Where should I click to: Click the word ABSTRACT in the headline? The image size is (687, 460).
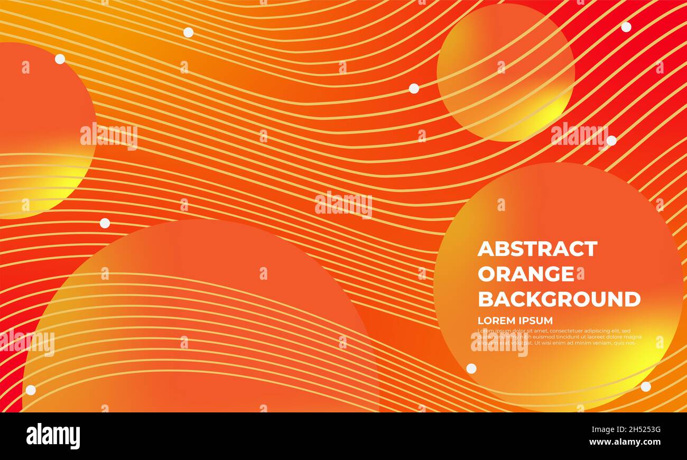(x=537, y=249)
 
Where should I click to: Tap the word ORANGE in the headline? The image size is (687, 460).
(x=525, y=274)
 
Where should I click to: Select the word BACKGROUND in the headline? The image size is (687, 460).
(x=559, y=299)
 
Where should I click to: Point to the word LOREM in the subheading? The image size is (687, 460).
(x=495, y=320)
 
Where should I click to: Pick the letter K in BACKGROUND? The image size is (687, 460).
(x=534, y=299)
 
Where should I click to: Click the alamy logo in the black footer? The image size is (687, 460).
(x=53, y=436)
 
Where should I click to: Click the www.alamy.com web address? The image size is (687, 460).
(x=625, y=442)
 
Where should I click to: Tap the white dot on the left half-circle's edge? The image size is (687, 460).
(x=60, y=59)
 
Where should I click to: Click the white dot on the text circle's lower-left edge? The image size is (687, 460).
(x=471, y=369)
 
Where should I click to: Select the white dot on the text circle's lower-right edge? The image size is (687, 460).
(x=645, y=387)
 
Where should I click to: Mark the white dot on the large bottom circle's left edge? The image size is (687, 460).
(x=31, y=390)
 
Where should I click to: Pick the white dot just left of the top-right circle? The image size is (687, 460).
(x=414, y=88)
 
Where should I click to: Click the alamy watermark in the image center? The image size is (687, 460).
(x=343, y=205)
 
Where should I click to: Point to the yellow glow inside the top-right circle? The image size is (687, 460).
(x=544, y=114)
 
